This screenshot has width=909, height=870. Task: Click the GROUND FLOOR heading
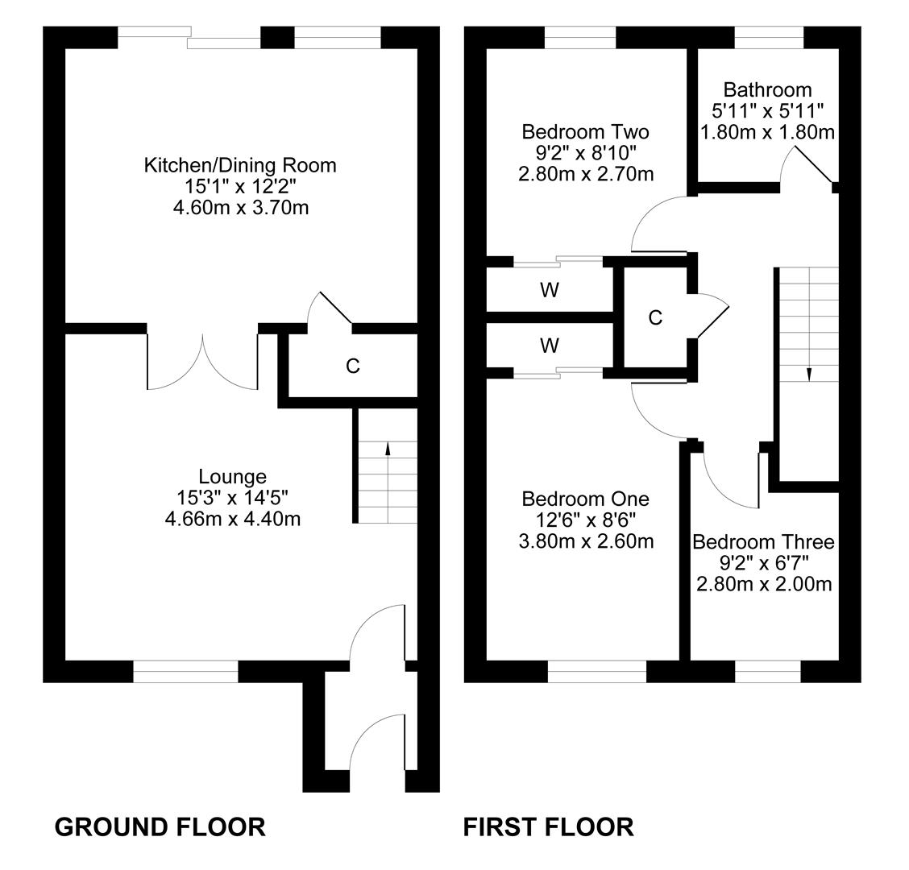[x=160, y=826]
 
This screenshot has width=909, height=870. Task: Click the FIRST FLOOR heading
[x=549, y=826]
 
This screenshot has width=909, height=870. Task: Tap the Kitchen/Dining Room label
[x=240, y=165]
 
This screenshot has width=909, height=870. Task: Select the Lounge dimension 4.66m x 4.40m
[x=232, y=518]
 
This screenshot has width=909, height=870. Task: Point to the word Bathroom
[x=767, y=90]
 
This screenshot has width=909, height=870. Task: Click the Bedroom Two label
[x=586, y=131]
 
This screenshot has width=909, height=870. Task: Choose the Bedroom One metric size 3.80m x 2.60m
[x=586, y=541]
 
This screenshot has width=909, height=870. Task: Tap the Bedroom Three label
[x=763, y=542]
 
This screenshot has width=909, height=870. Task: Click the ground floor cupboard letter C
[x=352, y=366]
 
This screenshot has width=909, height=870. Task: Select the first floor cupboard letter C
[x=655, y=317]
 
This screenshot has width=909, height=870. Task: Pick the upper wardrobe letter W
[x=550, y=289]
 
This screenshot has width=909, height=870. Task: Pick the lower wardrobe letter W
[x=550, y=346]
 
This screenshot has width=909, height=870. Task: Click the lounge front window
[x=185, y=671]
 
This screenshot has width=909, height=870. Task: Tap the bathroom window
[x=770, y=38]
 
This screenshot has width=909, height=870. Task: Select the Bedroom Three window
[x=768, y=671]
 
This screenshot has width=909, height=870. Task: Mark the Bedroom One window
[x=597, y=671]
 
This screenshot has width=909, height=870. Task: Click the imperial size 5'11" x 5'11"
[x=767, y=110]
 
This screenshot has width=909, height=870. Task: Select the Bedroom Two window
[x=580, y=38]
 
